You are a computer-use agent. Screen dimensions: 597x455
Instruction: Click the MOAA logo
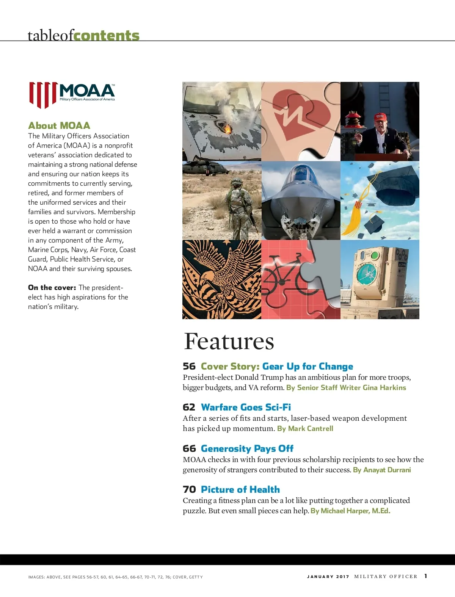point(72,95)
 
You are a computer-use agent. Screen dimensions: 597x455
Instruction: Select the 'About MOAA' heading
point(59,125)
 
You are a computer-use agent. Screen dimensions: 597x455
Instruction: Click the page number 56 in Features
point(189,366)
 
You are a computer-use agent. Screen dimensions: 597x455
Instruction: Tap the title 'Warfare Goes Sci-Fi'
point(246,407)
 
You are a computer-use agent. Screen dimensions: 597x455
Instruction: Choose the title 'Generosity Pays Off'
point(247,448)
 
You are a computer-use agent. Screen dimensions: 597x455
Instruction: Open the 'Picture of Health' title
point(240,489)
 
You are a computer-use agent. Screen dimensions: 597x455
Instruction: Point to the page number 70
point(189,489)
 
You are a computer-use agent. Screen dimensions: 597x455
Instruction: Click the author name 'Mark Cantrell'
point(311,428)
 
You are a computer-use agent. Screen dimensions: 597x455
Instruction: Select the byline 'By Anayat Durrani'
point(382,470)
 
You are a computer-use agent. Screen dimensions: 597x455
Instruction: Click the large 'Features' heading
point(229,341)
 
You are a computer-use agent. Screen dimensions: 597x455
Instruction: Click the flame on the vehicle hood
point(228,129)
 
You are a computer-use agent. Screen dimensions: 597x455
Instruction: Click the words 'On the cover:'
point(52,287)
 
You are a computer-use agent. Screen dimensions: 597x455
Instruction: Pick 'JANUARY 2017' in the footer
point(328,577)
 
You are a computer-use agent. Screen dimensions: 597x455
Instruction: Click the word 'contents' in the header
point(107,35)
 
